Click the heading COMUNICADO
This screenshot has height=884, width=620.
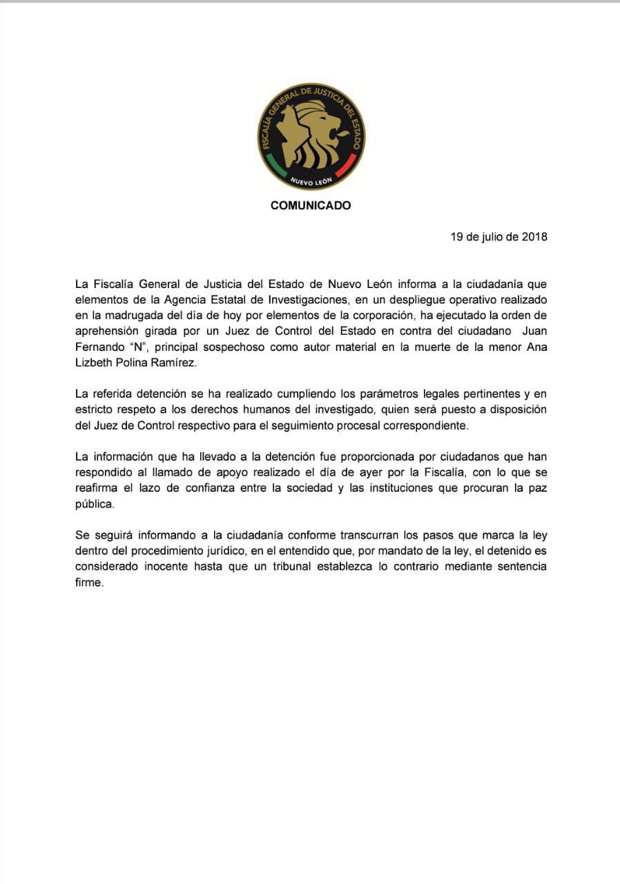tap(310, 205)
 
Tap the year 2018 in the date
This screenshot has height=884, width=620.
tap(534, 237)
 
